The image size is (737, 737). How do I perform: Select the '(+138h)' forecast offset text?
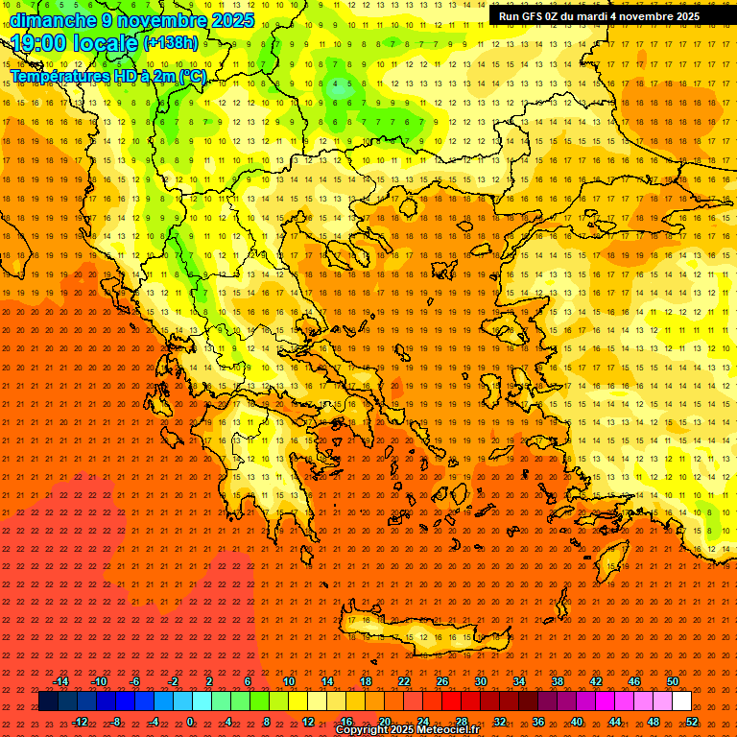point(171,43)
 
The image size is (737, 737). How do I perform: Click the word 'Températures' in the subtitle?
point(59,76)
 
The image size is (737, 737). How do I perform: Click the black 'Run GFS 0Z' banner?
point(600,16)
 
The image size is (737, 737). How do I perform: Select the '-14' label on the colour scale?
point(60,681)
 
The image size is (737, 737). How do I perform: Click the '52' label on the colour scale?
point(692,721)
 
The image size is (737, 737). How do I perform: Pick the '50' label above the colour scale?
point(673,681)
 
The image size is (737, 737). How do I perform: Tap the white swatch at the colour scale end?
point(681,701)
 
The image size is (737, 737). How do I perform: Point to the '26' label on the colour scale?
point(442,681)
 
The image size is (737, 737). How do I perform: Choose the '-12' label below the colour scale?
point(80,721)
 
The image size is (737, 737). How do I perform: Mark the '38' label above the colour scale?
point(558,681)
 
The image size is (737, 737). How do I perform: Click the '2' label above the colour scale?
point(209,681)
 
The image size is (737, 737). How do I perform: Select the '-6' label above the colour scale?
point(135,681)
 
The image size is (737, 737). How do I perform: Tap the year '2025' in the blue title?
point(232,20)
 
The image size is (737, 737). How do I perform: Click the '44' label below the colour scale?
point(615,721)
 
